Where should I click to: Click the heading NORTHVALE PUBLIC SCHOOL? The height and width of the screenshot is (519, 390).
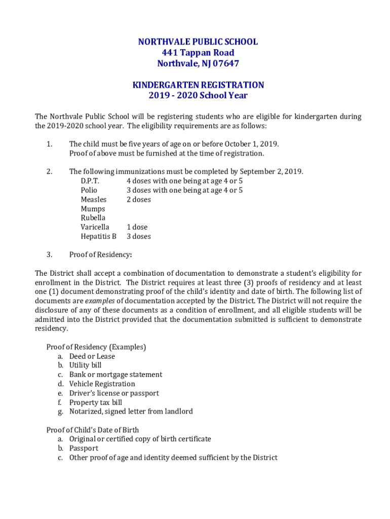click(198, 42)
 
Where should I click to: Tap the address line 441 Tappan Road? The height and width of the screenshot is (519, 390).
click(198, 53)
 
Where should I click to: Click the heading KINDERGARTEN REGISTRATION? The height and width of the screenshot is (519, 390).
click(198, 85)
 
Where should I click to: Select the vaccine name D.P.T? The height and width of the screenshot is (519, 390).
click(90, 181)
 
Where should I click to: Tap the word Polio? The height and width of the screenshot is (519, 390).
click(89, 190)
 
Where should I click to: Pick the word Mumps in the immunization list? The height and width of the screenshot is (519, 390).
click(93, 209)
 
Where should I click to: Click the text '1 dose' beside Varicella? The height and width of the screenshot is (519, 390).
click(137, 227)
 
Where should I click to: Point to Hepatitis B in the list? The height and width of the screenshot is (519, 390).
click(98, 236)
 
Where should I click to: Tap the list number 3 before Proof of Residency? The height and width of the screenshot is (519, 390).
click(49, 254)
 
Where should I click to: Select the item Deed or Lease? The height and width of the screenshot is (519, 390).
click(92, 356)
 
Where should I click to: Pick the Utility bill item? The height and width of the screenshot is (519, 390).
click(86, 365)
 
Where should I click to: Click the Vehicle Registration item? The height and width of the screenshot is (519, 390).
click(102, 384)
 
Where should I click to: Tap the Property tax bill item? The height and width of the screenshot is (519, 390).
click(96, 402)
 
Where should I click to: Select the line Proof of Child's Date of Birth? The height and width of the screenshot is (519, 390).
click(93, 430)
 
